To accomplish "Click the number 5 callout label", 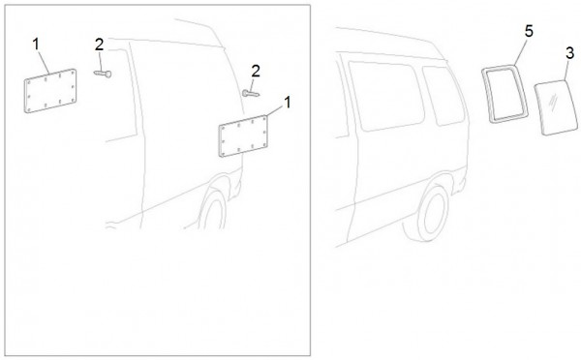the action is [529, 32].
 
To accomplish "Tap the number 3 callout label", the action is [570, 53].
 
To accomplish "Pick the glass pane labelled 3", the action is [556, 107].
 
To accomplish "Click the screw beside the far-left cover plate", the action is [103, 74].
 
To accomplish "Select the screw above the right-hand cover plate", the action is [251, 93].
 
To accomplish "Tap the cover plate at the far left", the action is [50, 91].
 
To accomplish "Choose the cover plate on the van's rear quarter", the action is [243, 135].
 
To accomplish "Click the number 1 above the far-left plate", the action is [36, 45].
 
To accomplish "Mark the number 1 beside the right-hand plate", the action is [288, 103].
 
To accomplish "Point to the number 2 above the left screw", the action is [99, 45].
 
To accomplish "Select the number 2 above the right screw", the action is [256, 71].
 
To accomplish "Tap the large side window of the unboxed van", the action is [386, 96].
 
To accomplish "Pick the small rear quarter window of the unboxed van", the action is [443, 96].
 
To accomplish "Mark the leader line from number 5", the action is [521, 51].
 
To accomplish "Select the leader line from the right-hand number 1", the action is [275, 110].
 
